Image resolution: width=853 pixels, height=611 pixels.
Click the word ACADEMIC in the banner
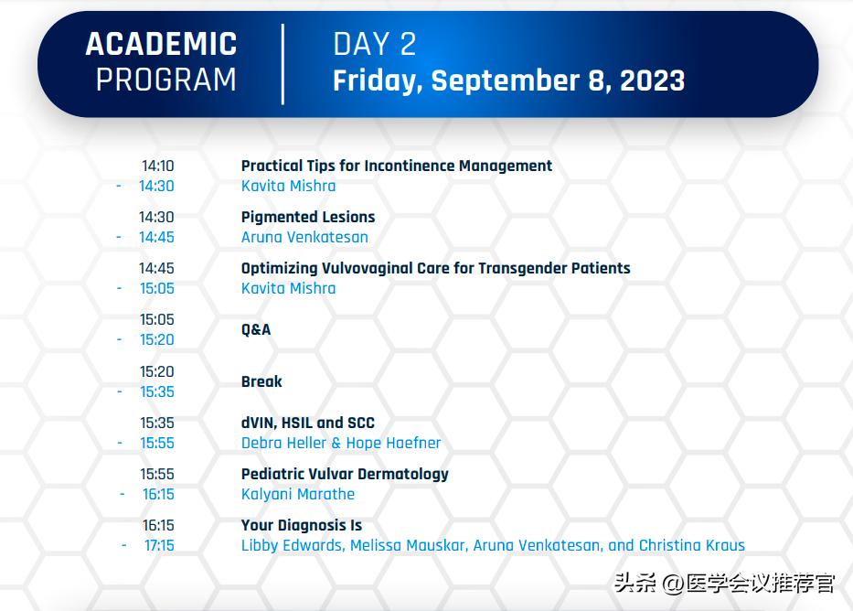[x=161, y=44]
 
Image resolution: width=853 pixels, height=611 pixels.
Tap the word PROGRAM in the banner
[x=165, y=80]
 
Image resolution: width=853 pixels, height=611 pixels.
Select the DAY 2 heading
[x=375, y=44]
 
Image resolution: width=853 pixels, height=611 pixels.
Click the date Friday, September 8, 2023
[x=508, y=80]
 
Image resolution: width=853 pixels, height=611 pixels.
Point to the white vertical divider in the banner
[x=283, y=63]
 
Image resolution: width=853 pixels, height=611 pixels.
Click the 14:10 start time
[x=157, y=166]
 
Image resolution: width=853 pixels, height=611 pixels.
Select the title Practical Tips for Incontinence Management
[x=396, y=166]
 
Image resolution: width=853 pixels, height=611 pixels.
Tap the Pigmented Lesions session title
[x=308, y=218]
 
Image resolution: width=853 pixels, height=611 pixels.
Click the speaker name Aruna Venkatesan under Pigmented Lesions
[x=304, y=237]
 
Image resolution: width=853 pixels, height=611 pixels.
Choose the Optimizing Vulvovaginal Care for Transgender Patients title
[x=435, y=269]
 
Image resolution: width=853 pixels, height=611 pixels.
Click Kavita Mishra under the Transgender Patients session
[x=288, y=288]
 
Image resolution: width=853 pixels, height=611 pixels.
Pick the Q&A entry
[x=256, y=329]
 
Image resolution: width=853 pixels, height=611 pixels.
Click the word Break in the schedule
[x=261, y=381]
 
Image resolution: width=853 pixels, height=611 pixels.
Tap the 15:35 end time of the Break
[x=157, y=391]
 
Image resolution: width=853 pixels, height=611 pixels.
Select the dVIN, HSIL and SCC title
[x=307, y=423]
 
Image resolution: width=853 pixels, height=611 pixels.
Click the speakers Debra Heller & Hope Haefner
[x=341, y=443]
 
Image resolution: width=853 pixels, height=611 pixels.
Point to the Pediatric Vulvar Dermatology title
[x=345, y=475]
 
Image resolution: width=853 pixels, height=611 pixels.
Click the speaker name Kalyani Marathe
[x=298, y=494]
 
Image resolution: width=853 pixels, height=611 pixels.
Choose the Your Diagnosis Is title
[x=302, y=526]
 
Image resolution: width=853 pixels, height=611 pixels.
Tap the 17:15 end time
[x=158, y=545]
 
